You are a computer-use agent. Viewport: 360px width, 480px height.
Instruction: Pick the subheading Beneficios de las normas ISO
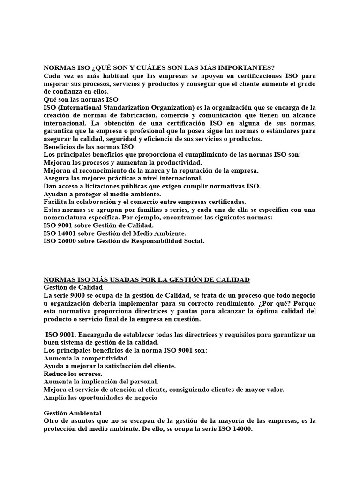(89, 147)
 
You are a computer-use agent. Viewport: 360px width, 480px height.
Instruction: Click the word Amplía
(56, 398)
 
